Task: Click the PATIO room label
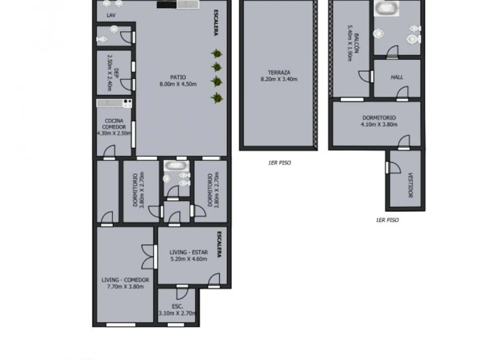tap(178, 77)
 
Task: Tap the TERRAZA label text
tap(279, 72)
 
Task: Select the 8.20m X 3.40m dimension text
tap(279, 79)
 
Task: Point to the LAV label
tap(111, 15)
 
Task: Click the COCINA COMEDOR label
tap(114, 124)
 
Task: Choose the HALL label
tap(397, 77)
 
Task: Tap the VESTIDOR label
tap(410, 185)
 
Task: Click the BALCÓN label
tap(356, 43)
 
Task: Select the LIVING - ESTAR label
tap(189, 252)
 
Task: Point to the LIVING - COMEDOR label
tap(125, 280)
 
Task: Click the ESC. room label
tap(177, 306)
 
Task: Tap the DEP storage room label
tap(116, 73)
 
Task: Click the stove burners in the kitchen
tap(127, 103)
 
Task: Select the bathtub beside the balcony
tap(386, 8)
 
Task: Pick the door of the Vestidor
tap(393, 168)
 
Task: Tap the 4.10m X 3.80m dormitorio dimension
tap(379, 124)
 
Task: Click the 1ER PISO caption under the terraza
tap(280, 163)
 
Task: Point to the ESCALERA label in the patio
tap(216, 22)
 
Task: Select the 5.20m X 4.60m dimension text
tap(189, 259)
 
